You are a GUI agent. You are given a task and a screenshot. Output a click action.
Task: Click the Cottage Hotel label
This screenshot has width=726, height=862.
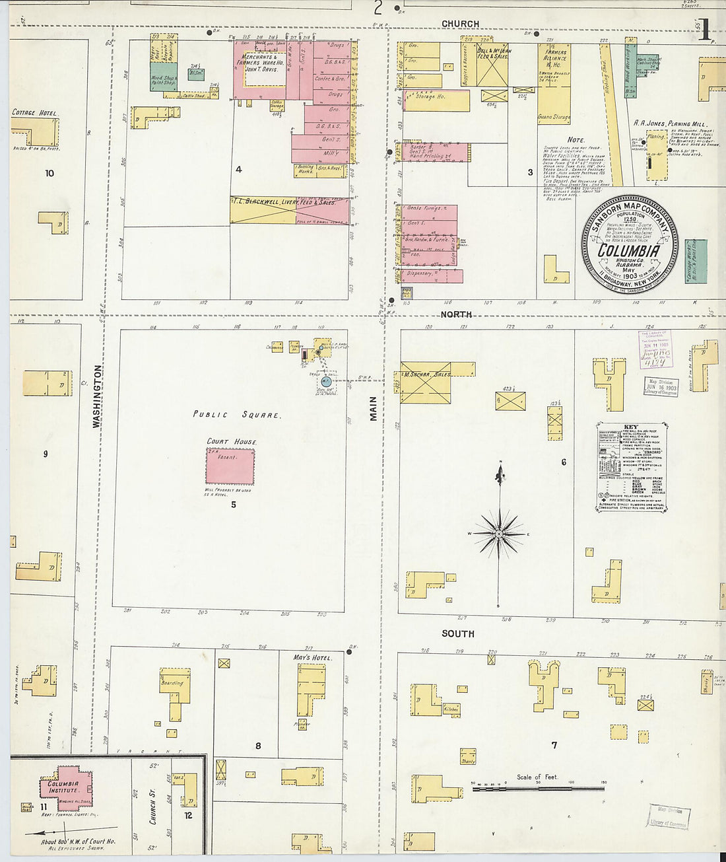(34, 113)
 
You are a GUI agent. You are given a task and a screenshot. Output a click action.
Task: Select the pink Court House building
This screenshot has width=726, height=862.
(230, 466)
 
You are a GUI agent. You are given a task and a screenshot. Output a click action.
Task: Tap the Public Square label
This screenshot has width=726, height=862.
(236, 415)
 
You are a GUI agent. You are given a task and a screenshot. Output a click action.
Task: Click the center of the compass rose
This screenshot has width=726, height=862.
(500, 532)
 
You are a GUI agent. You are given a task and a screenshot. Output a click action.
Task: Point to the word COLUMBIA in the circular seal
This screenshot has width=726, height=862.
(628, 251)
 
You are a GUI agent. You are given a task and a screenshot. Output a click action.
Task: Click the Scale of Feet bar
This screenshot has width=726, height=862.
(538, 788)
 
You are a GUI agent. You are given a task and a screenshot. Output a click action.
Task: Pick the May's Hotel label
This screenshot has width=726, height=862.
(313, 658)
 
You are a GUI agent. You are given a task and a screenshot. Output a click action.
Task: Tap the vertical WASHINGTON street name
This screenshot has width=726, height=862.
(98, 396)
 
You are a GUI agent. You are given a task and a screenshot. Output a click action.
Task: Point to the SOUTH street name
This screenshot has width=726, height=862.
(457, 633)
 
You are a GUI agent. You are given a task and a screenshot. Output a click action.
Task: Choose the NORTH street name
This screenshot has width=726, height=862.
(456, 314)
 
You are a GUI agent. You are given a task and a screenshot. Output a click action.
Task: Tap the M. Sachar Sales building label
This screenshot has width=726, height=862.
(428, 375)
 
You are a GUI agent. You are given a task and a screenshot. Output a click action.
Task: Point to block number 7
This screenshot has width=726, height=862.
(554, 745)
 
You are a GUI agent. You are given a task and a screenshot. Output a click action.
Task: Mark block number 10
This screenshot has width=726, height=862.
(49, 174)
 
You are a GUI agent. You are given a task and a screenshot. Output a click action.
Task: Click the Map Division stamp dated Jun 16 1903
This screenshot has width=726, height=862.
(661, 386)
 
